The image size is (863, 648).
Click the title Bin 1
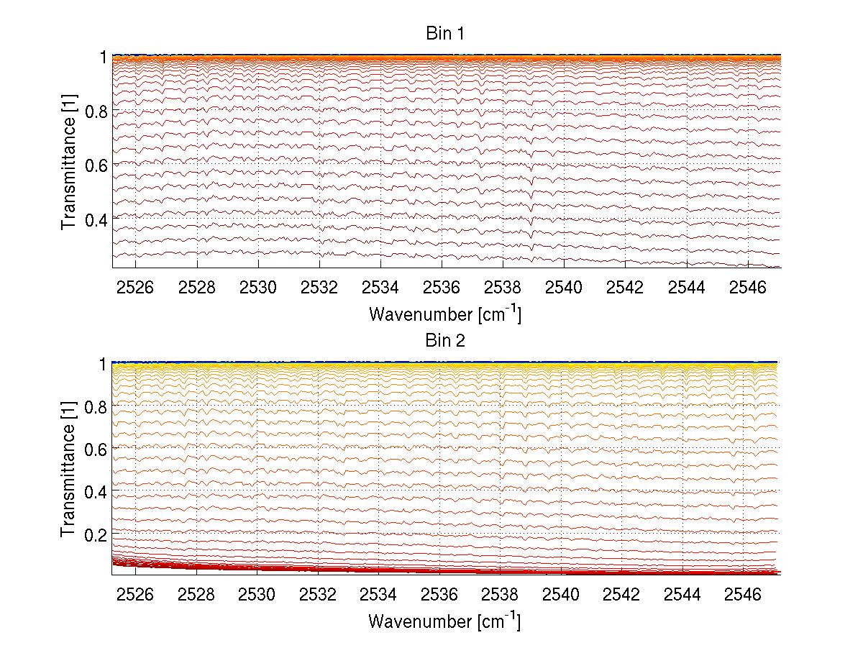click(x=445, y=33)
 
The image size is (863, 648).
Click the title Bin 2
click(x=445, y=340)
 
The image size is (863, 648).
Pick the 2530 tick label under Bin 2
click(x=258, y=595)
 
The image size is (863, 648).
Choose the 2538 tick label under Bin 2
click(x=503, y=595)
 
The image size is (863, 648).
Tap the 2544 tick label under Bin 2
click(x=686, y=595)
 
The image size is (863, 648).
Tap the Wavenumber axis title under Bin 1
click(x=444, y=314)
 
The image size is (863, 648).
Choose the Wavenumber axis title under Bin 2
click(x=444, y=621)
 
